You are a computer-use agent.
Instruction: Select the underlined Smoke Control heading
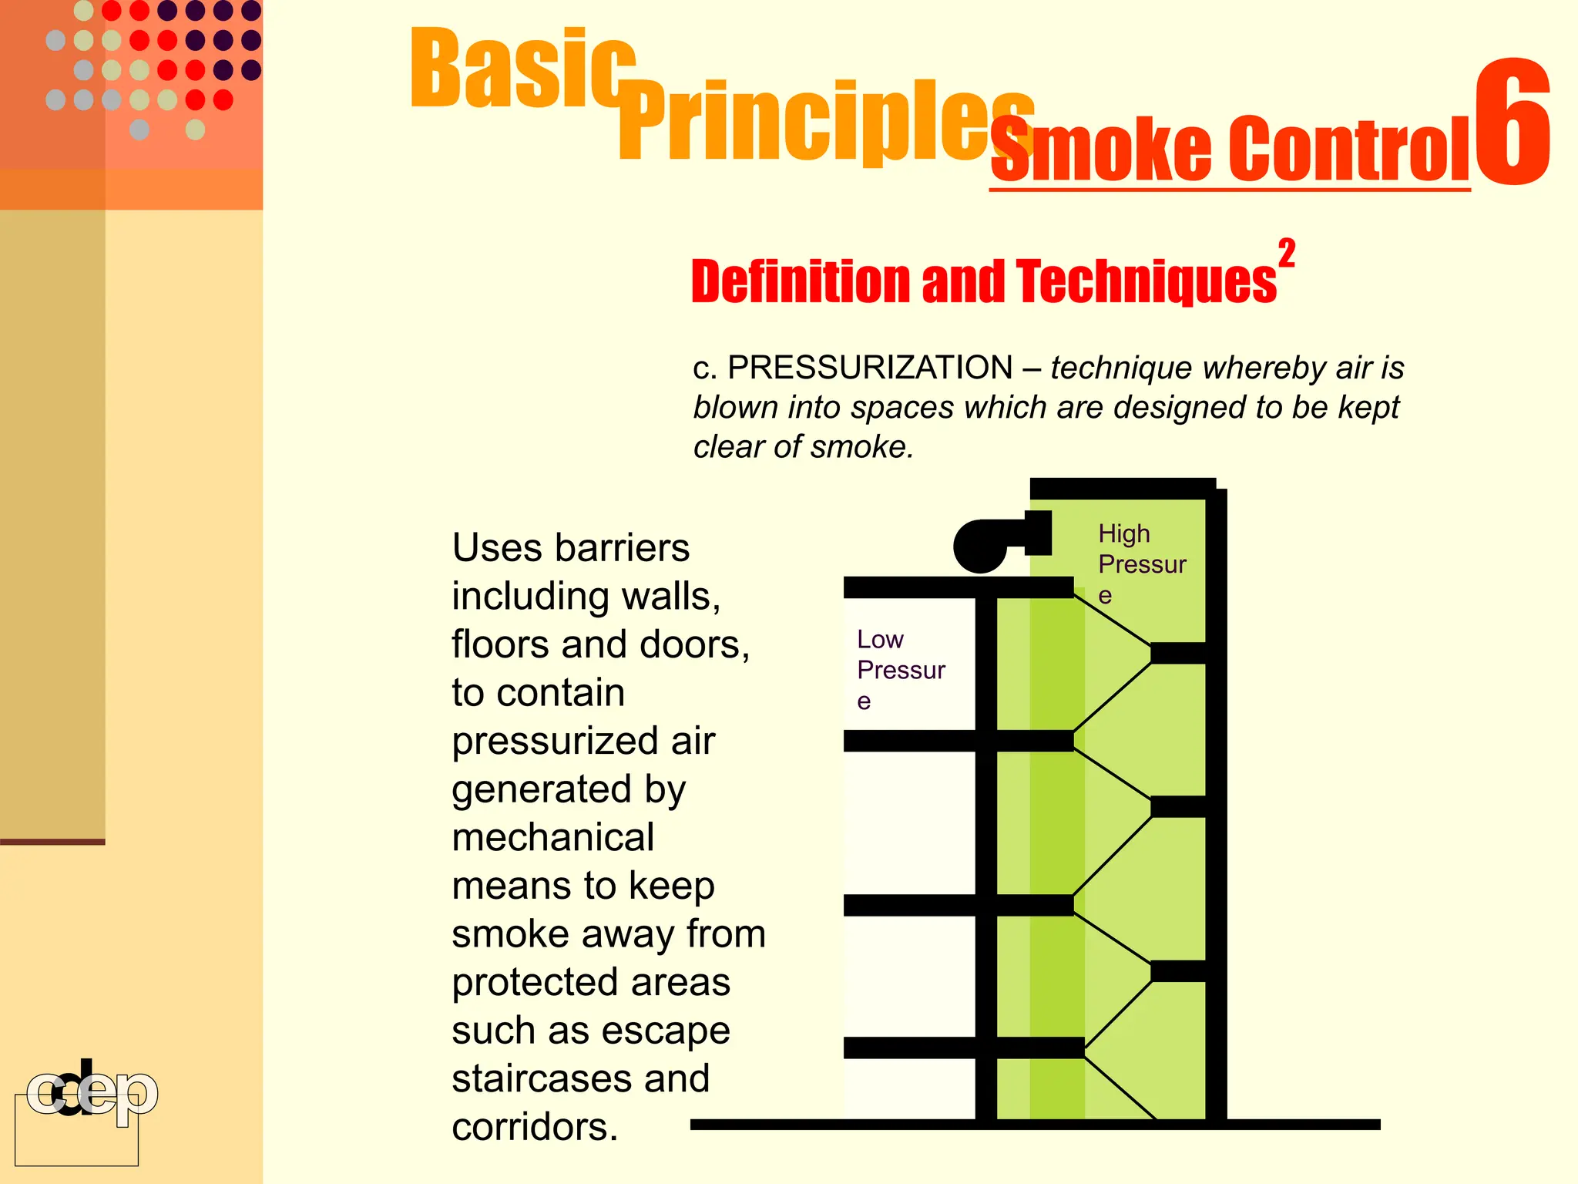pyautogui.click(x=1230, y=150)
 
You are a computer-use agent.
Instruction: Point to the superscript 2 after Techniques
pyautogui.click(x=1286, y=254)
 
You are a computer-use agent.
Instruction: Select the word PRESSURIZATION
pyautogui.click(x=870, y=368)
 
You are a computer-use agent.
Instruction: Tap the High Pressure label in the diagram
pyautogui.click(x=1140, y=563)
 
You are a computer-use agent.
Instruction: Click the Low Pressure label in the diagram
pyautogui.click(x=899, y=669)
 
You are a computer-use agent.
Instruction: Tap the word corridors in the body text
pyautogui.click(x=534, y=1127)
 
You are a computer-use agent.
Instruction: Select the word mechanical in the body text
pyautogui.click(x=552, y=838)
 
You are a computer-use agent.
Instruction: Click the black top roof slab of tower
pyautogui.click(x=1122, y=488)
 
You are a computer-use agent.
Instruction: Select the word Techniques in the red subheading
pyautogui.click(x=1146, y=281)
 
